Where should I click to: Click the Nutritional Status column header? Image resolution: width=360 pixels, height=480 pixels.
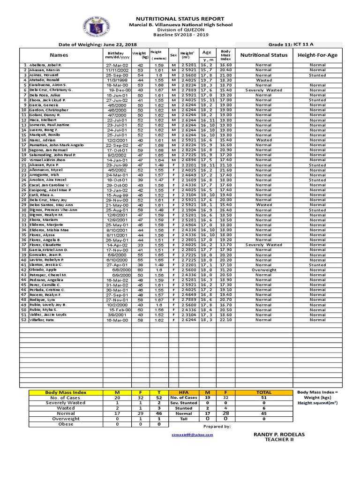(263, 55)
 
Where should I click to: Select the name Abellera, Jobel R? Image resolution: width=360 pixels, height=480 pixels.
(45, 65)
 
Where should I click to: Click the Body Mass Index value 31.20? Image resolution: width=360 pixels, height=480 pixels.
(226, 270)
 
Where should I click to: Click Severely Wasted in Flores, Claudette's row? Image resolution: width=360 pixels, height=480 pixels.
(263, 245)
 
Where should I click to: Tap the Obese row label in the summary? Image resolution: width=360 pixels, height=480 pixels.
(65, 424)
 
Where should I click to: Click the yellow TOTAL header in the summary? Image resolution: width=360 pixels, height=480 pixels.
(263, 392)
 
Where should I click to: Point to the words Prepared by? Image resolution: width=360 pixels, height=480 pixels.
(217, 427)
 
